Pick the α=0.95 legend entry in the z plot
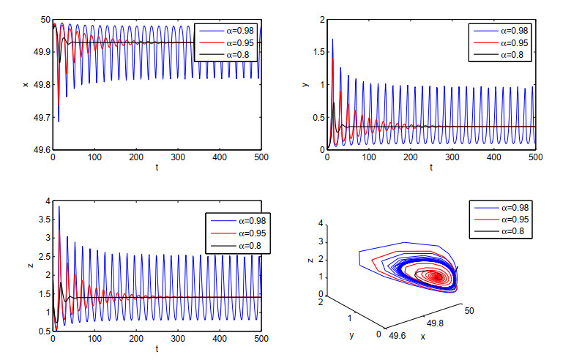point(238,233)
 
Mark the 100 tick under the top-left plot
point(94,157)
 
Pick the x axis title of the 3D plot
point(422,337)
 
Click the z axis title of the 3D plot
point(310,260)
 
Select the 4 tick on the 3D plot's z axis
point(321,223)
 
